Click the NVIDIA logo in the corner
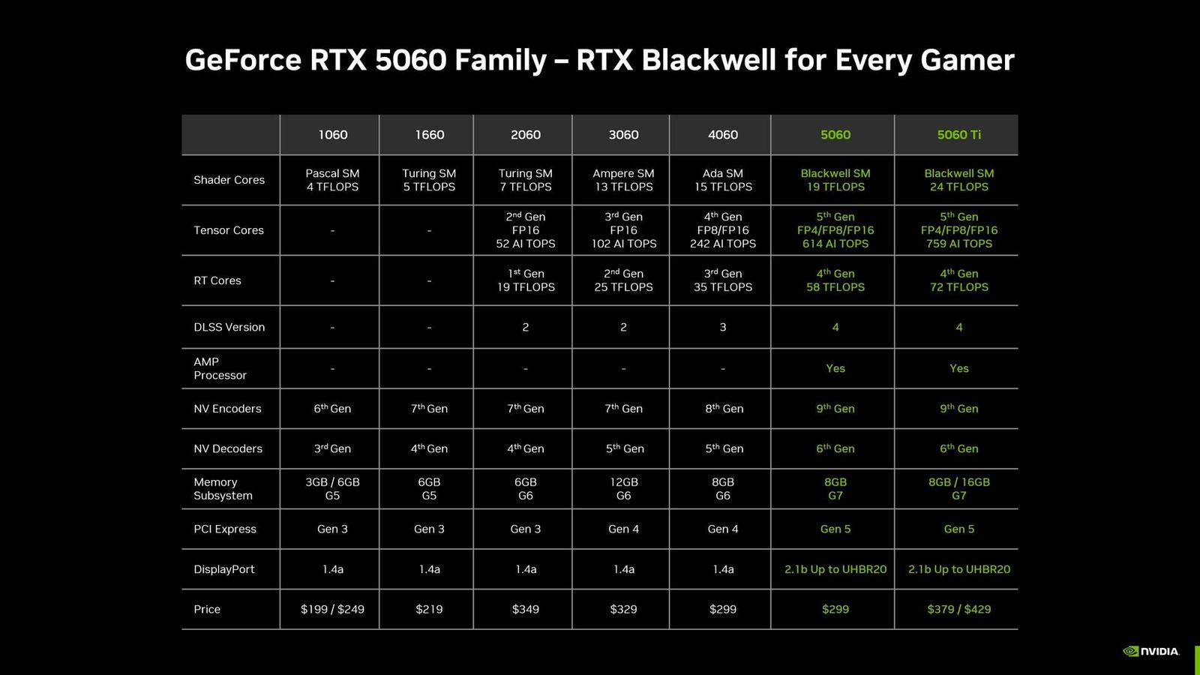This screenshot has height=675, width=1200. [x=1151, y=651]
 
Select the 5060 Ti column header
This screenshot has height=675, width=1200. [x=958, y=135]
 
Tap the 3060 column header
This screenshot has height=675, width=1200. [x=623, y=135]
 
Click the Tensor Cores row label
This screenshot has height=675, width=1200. [x=229, y=230]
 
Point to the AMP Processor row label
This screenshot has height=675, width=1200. [x=220, y=368]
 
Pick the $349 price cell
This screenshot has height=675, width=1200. [x=525, y=609]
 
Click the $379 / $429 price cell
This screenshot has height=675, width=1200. [x=958, y=609]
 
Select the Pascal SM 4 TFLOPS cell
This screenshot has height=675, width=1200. [x=332, y=180]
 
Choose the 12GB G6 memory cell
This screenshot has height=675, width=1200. [x=623, y=489]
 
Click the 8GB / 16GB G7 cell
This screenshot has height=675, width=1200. [x=958, y=489]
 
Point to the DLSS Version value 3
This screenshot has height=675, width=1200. [x=722, y=327]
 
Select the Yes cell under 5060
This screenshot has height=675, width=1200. [x=835, y=368]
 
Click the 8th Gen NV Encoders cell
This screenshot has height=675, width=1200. [x=724, y=409]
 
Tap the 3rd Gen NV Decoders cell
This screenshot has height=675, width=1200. [x=332, y=448]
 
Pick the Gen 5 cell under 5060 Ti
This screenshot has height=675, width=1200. [x=958, y=529]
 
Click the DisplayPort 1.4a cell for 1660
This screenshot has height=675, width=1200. [x=429, y=569]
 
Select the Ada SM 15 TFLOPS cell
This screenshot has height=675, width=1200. [x=722, y=180]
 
